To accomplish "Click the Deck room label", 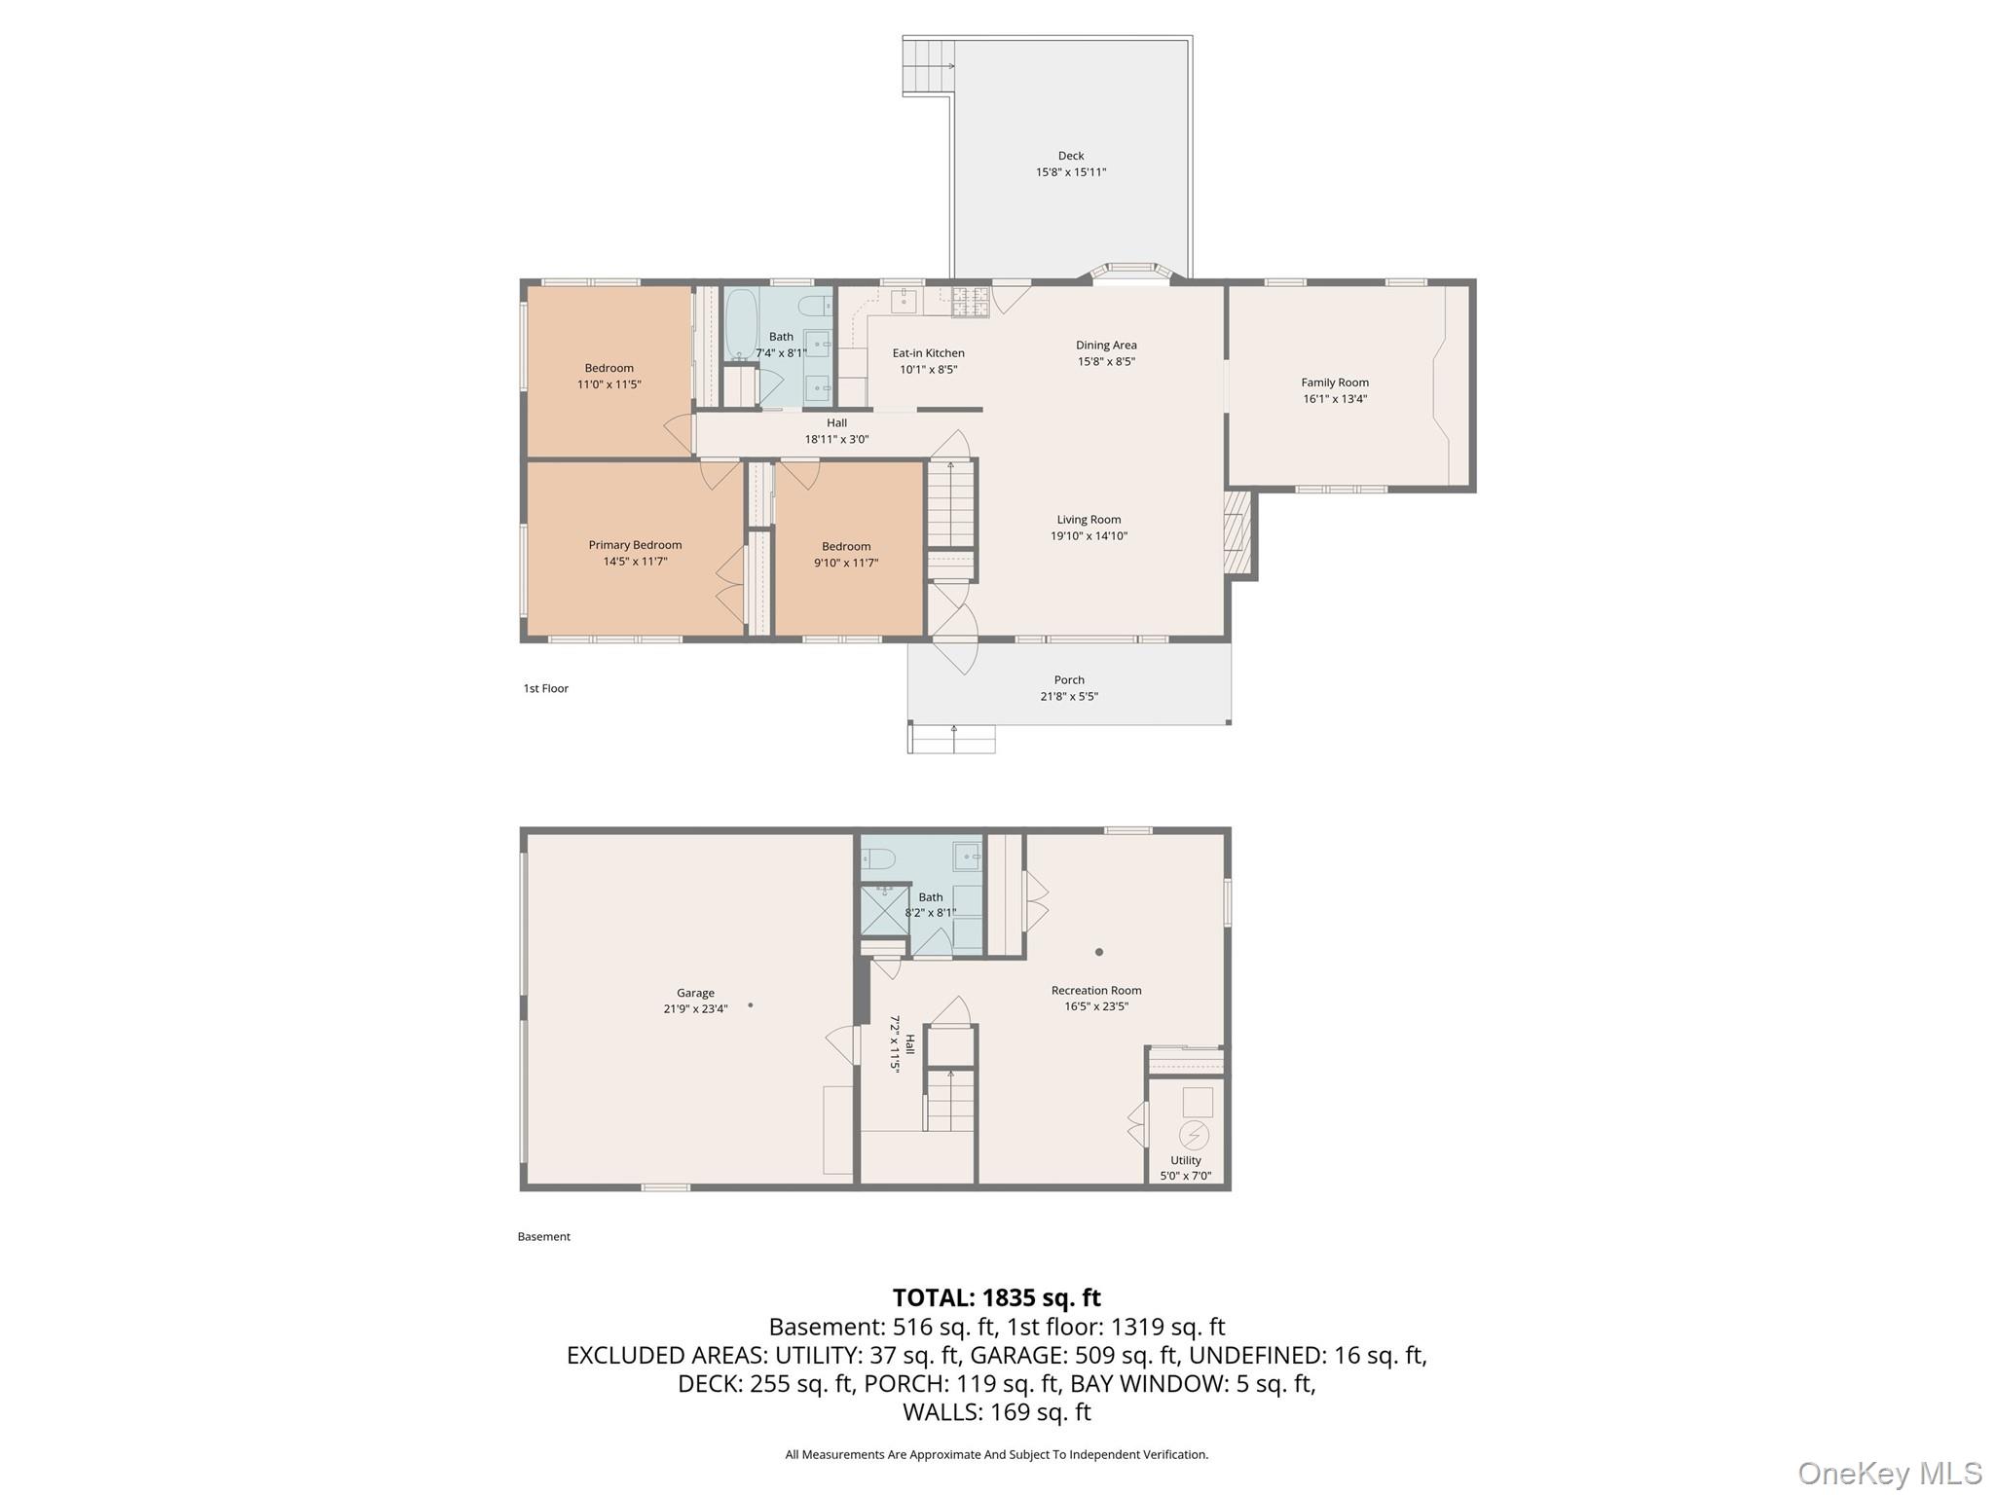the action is [x=1071, y=156].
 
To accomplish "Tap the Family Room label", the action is [x=1335, y=383].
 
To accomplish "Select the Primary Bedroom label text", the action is [x=635, y=545].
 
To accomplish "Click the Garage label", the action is [x=695, y=993].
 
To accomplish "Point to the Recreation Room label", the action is [x=1096, y=990].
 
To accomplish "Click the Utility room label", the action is [x=1186, y=1160].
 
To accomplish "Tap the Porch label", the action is [x=1069, y=679].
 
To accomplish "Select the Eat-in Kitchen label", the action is [x=929, y=353].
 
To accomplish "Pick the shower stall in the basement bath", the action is [x=884, y=910].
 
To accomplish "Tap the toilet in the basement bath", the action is [x=878, y=858].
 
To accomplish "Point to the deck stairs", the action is [x=928, y=66].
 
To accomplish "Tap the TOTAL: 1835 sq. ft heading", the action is [x=997, y=1297].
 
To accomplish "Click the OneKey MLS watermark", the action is [x=1890, y=1473].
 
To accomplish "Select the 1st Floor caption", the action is [x=546, y=688].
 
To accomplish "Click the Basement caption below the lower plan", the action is [x=544, y=1236].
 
